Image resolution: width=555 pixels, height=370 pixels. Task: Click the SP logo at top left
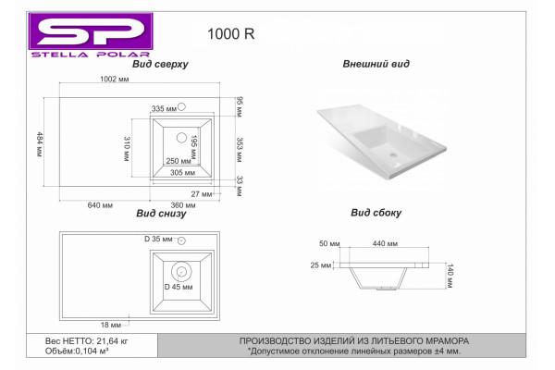pos(91,35)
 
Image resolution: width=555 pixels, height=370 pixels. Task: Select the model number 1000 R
pos(230,34)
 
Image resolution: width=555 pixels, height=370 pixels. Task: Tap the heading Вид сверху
pos(160,64)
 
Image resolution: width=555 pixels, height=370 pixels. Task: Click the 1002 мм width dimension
pos(115,79)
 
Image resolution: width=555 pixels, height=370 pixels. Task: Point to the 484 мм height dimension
pos(40,144)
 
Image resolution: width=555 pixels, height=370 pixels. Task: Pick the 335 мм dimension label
pos(164,109)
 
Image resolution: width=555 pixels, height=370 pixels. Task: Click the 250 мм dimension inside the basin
pos(179,161)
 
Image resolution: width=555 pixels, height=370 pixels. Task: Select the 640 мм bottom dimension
pos(100,205)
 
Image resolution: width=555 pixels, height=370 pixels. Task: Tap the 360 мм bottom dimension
pos(183,205)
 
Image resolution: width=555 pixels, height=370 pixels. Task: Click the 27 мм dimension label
pos(202,194)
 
